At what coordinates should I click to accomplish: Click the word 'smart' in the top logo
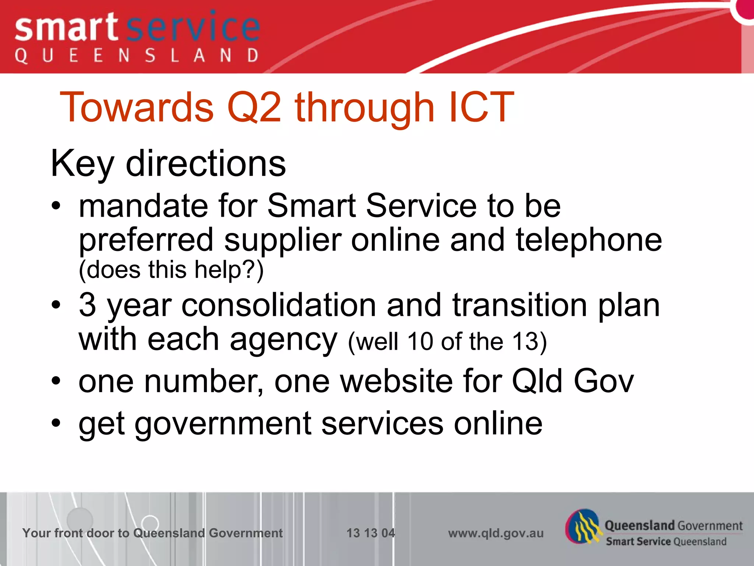66,29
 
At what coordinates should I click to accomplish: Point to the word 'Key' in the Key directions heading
82,164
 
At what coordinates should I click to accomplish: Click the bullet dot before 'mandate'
56,206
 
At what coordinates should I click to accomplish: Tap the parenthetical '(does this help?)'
171,270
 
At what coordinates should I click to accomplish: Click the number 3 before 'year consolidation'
88,305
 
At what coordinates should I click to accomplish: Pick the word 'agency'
283,340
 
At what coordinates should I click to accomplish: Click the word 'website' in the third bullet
396,381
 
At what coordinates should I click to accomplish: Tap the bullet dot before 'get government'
56,423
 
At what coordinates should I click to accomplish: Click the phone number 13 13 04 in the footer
370,533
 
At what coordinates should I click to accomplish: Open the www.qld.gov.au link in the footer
496,533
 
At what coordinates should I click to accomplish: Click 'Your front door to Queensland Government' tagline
152,533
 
